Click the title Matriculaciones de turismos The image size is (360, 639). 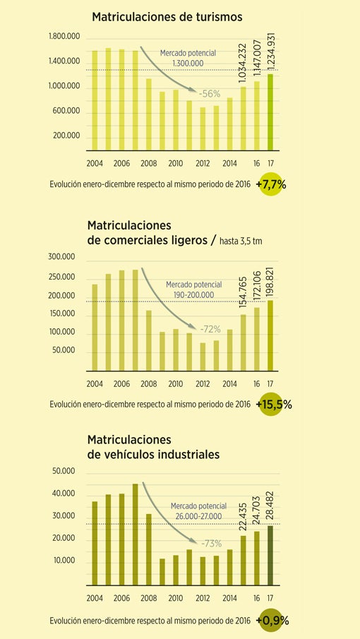click(167, 17)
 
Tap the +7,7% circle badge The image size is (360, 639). click(270, 184)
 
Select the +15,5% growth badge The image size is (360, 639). click(271, 405)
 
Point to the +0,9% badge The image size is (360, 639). click(271, 621)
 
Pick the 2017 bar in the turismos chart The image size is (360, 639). click(270, 112)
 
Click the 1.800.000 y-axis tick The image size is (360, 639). click(64, 37)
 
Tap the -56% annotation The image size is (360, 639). click(210, 94)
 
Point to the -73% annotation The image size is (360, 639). click(211, 543)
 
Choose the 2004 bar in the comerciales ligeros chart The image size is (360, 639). click(95, 328)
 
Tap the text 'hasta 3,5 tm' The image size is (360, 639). click(241, 241)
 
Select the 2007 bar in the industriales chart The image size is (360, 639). click(136, 535)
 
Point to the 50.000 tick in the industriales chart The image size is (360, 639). click(64, 472)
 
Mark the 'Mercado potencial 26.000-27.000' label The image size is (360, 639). click(198, 511)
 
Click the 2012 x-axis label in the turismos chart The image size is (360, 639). click(203, 164)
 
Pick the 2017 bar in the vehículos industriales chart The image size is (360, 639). click(270, 556)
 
